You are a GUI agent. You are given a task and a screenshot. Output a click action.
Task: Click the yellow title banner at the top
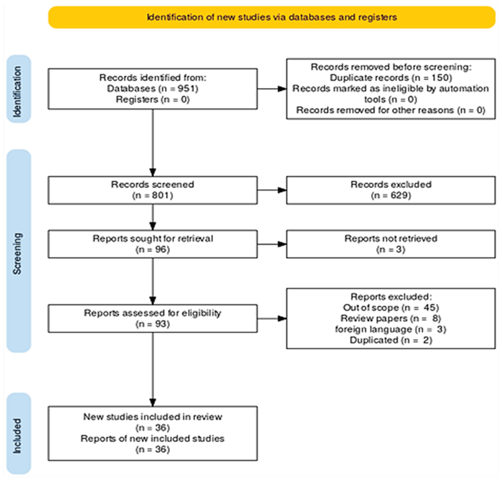coord(272,17)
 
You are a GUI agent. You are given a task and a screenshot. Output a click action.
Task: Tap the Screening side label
coord(18,254)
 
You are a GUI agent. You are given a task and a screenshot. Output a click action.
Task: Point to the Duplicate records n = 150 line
coord(391,78)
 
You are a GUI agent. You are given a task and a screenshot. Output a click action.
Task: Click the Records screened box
coord(153,190)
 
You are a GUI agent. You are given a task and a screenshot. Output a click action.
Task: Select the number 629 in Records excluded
coord(400,195)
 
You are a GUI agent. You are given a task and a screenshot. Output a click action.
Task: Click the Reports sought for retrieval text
coord(153,238)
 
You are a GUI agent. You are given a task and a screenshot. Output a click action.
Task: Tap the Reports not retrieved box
coord(391,244)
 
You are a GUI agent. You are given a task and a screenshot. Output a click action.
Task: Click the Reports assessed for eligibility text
coord(153,313)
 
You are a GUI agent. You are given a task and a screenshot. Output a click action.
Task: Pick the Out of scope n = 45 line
coord(391,307)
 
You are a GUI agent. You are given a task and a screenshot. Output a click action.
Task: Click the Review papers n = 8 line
coord(391,318)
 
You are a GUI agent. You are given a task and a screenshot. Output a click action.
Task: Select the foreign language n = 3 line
coord(391,329)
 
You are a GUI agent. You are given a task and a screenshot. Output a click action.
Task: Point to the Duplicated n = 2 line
coord(391,340)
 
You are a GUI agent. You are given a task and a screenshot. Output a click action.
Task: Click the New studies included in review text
coord(153,417)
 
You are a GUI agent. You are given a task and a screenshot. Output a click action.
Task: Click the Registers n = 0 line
coord(153,99)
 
